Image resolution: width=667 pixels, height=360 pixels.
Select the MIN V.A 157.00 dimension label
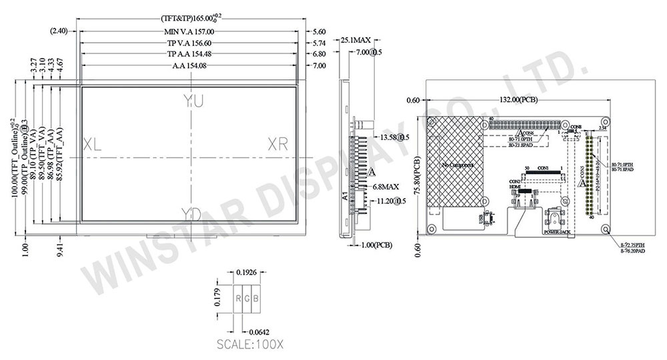tap(189, 31)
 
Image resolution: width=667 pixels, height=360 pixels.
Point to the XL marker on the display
tap(92, 145)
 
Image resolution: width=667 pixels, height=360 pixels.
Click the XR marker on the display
tap(279, 144)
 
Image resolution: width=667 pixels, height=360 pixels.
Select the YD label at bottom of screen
tap(192, 214)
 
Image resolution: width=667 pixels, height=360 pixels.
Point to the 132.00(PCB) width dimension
tap(518, 100)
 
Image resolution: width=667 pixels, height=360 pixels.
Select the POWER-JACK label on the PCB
tap(556, 233)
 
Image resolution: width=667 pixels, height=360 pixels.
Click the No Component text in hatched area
tap(457, 164)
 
